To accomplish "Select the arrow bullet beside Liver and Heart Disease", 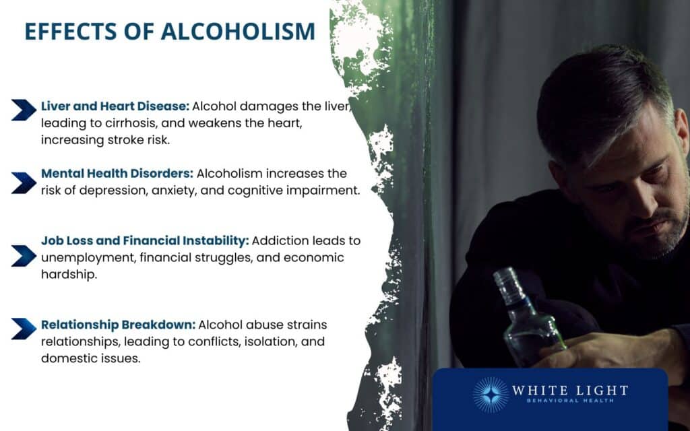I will pyautogui.click(x=24, y=110).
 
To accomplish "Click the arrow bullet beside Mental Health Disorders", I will pyautogui.click(x=24, y=182).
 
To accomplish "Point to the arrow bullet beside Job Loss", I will pyautogui.click(x=24, y=255).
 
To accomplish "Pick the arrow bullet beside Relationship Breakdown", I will pyautogui.click(x=24, y=328).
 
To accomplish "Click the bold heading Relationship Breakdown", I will pyautogui.click(x=118, y=325).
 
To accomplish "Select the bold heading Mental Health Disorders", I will pyautogui.click(x=116, y=173).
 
